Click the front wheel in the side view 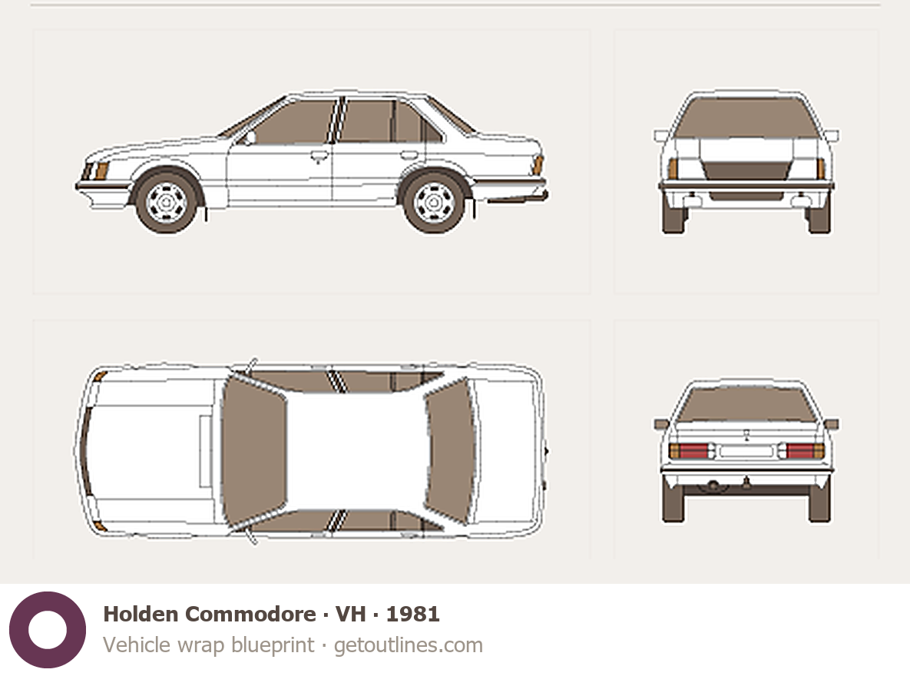click(x=167, y=202)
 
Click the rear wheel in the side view click(x=434, y=202)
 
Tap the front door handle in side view click(x=319, y=156)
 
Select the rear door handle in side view click(x=409, y=155)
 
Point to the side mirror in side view click(x=250, y=138)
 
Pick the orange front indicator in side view click(x=101, y=171)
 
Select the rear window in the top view click(x=450, y=450)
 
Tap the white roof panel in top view click(x=356, y=450)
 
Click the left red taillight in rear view click(x=688, y=451)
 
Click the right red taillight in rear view click(x=804, y=451)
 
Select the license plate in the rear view click(x=746, y=451)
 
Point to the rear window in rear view click(x=746, y=403)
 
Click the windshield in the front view click(x=746, y=118)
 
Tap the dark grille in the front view click(x=746, y=171)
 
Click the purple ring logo click(x=48, y=630)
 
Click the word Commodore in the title click(x=250, y=614)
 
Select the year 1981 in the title click(x=412, y=614)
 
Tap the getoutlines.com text click(x=408, y=645)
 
